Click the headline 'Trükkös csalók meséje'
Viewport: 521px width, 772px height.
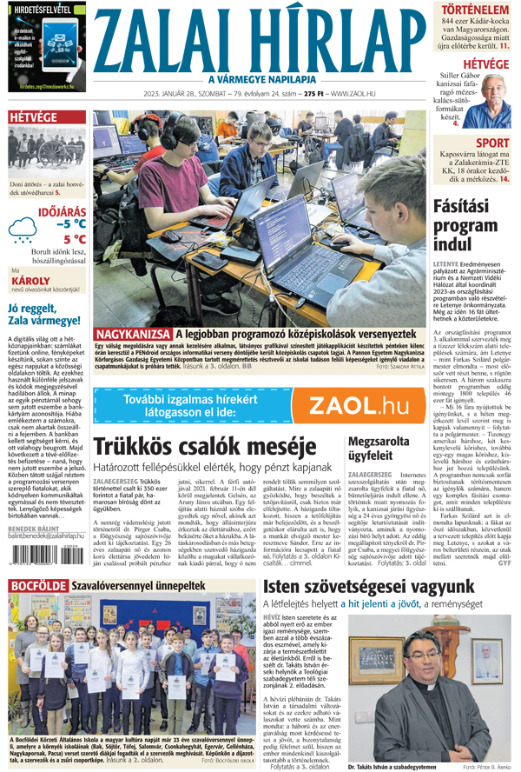(x=202, y=447)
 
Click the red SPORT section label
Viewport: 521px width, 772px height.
(x=492, y=143)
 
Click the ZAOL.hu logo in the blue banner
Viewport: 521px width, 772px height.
(x=359, y=406)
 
